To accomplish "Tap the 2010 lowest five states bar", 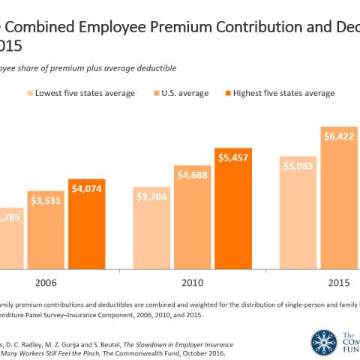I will (x=153, y=232).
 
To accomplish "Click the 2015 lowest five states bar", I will (x=298, y=217).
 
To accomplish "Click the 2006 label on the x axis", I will (x=46, y=285).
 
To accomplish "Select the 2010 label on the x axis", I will (x=193, y=285).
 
